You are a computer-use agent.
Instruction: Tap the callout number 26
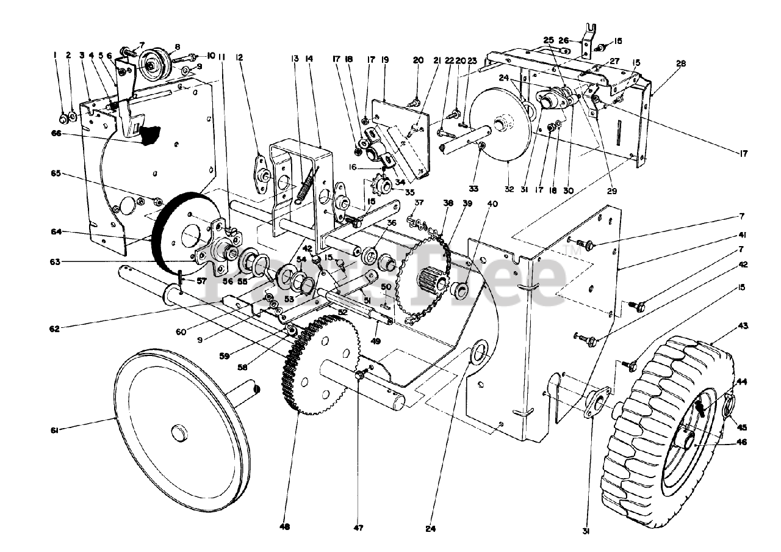click(564, 41)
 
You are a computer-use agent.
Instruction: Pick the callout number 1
click(55, 56)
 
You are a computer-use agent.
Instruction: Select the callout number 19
click(384, 59)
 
